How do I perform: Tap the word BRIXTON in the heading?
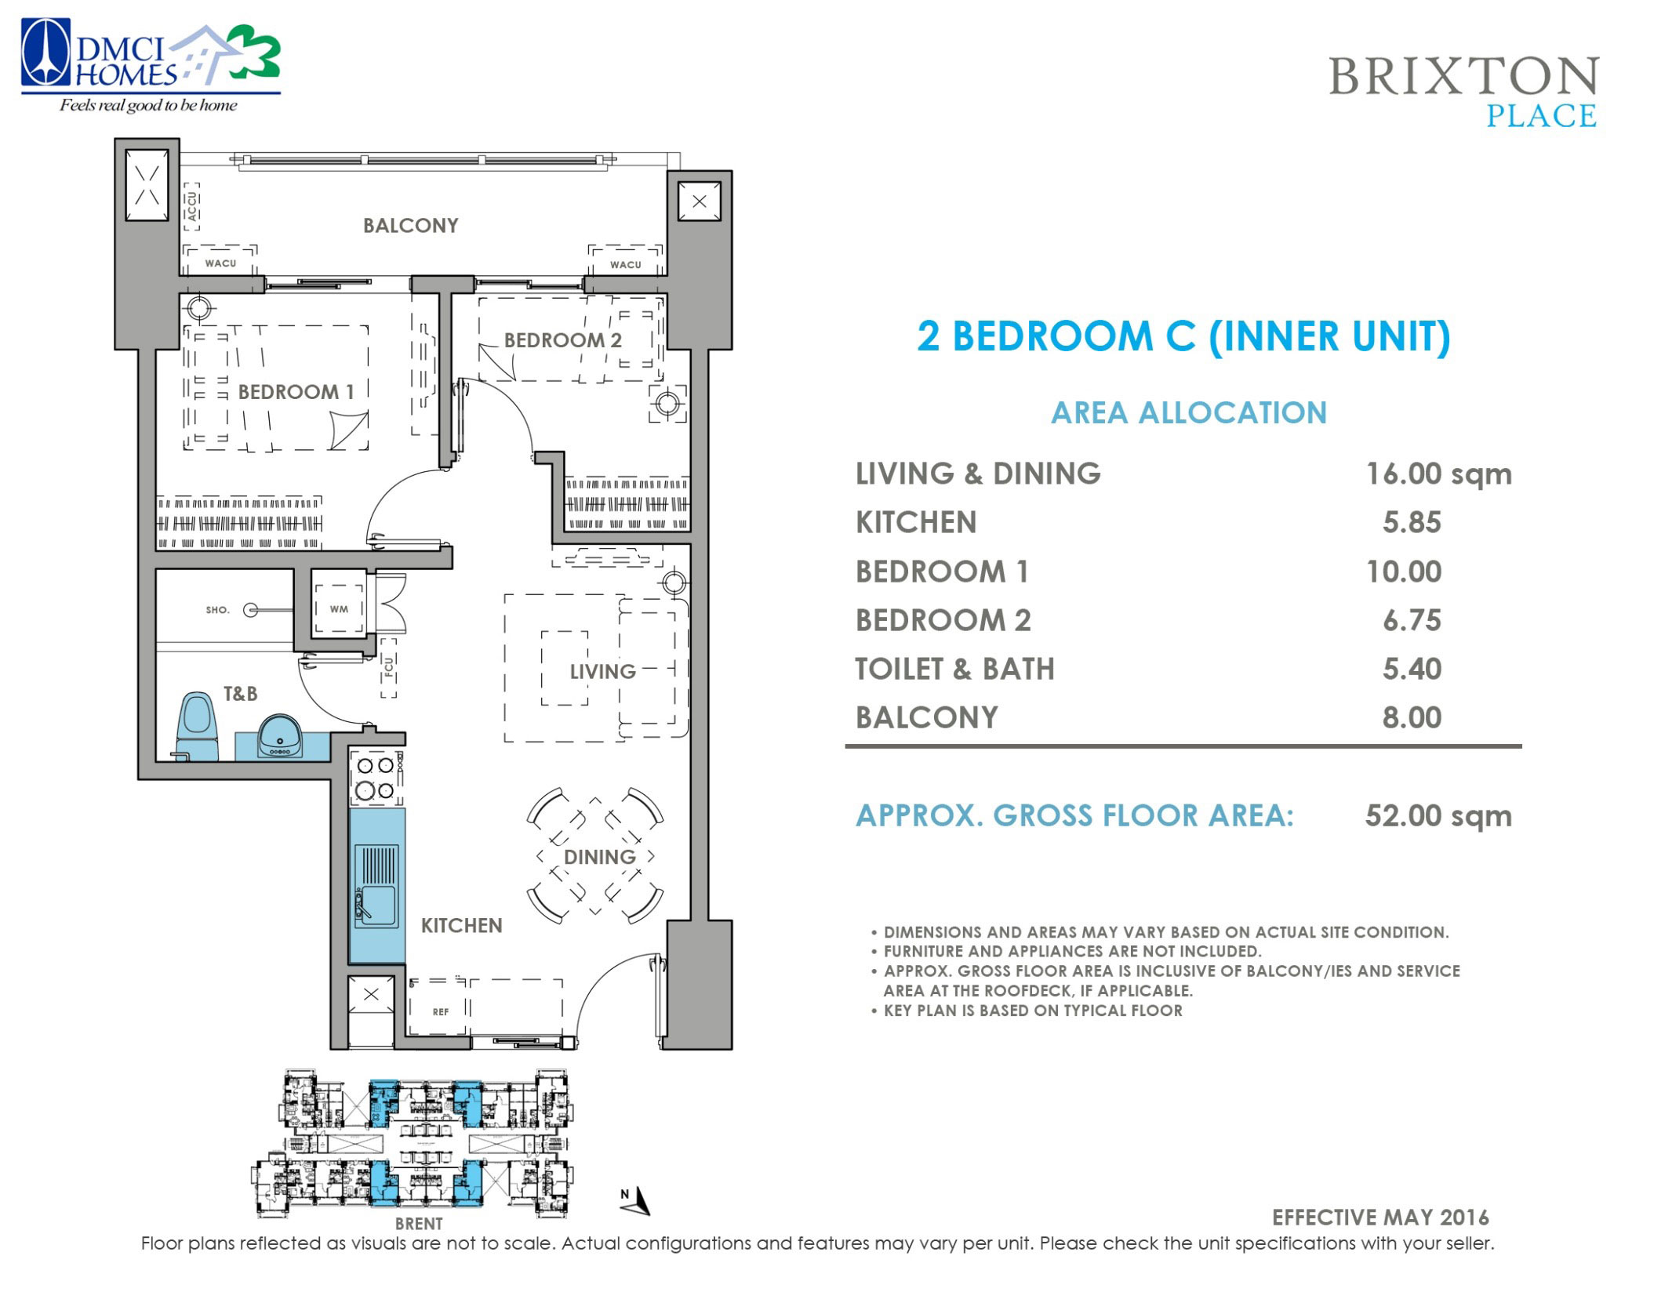pos(1463,77)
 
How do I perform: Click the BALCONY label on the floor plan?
pos(410,226)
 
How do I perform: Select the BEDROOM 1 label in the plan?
pos(296,392)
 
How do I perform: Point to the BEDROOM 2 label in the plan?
pos(562,340)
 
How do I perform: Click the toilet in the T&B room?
pos(198,725)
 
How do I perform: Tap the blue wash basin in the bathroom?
pos(281,737)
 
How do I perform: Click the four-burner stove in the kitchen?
pos(375,778)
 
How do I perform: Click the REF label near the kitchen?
pos(441,1012)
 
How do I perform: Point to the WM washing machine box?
pos(339,609)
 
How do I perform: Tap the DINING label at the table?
pos(599,857)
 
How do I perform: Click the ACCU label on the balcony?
pos(191,206)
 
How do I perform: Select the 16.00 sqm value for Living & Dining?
pos(1438,474)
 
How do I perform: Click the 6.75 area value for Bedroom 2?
pos(1411,621)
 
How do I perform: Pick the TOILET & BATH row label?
pos(954,670)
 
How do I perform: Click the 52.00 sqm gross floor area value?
pos(1438,816)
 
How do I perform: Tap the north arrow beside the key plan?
pos(639,1200)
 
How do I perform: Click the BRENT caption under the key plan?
pos(419,1224)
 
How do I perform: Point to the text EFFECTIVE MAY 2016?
pos(1379,1218)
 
